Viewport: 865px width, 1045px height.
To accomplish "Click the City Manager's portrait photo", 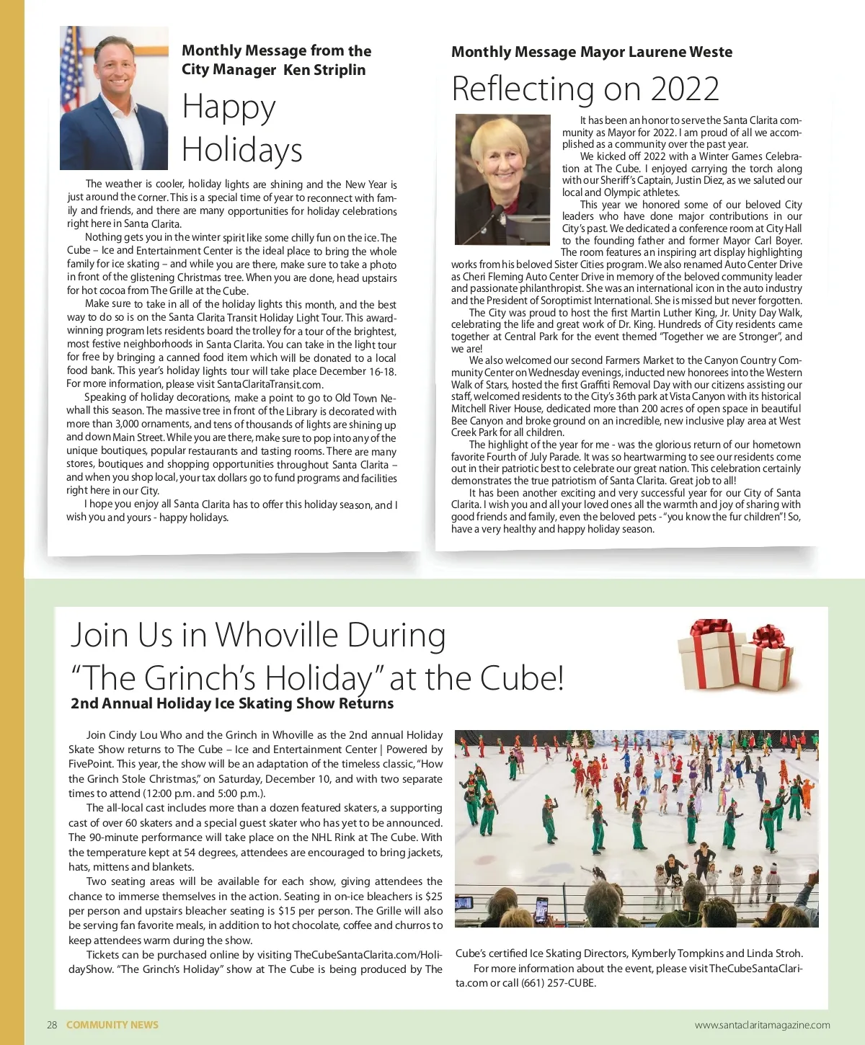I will (114, 98).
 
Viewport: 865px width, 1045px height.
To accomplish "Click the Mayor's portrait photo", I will (503, 179).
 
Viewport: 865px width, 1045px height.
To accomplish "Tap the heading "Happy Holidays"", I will (241, 128).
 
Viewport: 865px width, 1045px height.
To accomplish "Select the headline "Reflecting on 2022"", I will (585, 89).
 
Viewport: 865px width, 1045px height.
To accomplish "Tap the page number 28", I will (52, 1025).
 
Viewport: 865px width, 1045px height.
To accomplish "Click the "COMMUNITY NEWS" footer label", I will (112, 1025).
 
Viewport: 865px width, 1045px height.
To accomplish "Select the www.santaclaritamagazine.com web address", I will (762, 1025).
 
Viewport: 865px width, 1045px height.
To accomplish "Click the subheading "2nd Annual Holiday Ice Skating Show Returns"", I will (232, 703).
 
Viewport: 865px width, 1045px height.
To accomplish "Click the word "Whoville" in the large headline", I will (277, 635).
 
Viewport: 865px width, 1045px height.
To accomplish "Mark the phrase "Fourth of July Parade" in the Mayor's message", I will (533, 457).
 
